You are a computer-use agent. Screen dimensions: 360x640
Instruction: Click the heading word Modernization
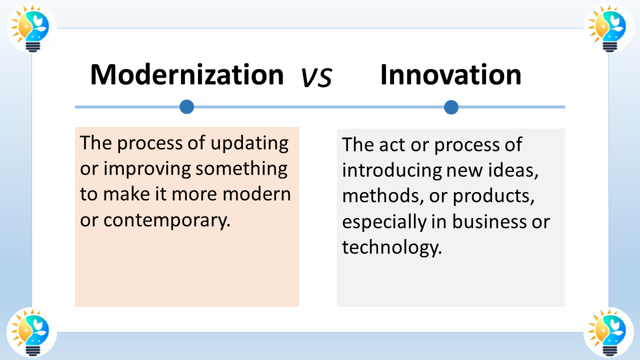click(x=187, y=75)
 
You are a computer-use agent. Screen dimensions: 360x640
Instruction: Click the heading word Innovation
click(x=450, y=75)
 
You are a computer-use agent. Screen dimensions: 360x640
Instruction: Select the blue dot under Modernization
click(x=186, y=106)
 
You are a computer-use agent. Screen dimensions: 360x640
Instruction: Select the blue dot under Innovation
click(x=451, y=107)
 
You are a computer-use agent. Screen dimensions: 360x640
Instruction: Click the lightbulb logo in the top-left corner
click(x=31, y=28)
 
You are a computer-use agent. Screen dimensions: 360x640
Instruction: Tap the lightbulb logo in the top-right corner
click(x=608, y=28)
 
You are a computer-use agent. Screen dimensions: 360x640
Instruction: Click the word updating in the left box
click(x=249, y=144)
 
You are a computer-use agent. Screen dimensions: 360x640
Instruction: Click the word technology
click(x=391, y=247)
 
